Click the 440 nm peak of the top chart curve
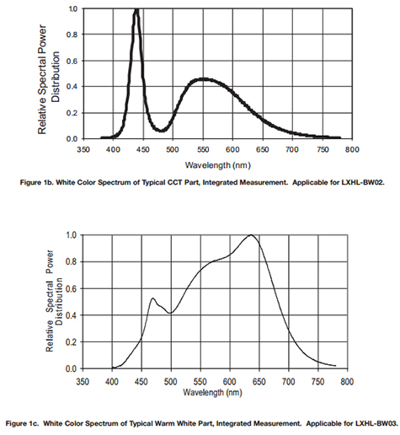[x=136, y=10]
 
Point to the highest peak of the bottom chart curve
[x=251, y=235]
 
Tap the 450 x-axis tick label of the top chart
[x=143, y=149]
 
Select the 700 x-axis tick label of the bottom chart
[x=288, y=382]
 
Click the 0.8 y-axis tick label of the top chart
[x=72, y=35]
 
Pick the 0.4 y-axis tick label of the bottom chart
[x=71, y=315]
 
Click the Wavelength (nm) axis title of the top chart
[x=217, y=165]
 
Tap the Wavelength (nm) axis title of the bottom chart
[x=212, y=392]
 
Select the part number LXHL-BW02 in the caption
[x=363, y=182]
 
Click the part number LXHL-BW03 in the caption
[x=376, y=423]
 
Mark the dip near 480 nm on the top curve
[x=162, y=131]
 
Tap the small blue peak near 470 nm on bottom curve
[x=153, y=298]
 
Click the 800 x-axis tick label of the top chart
[x=352, y=149]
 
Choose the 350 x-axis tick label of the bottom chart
[x=83, y=382]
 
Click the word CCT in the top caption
[x=174, y=182]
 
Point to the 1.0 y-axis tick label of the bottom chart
[x=71, y=234]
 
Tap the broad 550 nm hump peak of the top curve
[x=203, y=79]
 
